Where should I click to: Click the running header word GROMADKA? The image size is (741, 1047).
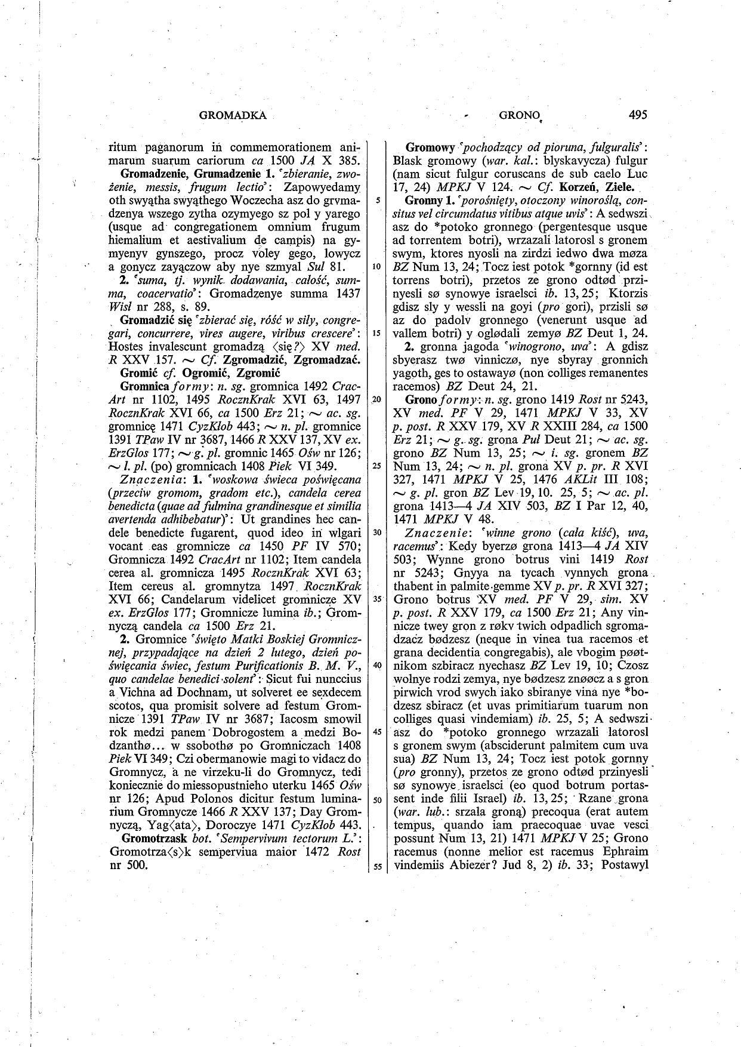coord(232,115)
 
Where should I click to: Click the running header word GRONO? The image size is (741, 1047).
coord(517,115)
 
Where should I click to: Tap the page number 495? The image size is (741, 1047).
coord(637,115)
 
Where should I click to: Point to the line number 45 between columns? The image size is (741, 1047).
coord(377,732)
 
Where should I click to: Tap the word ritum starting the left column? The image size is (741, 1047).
coord(123,147)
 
